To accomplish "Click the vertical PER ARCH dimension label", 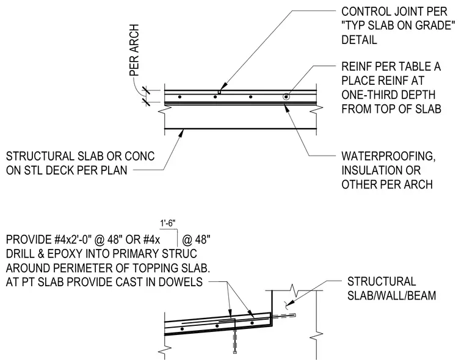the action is (134, 50).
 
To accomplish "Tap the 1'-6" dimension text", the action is (168, 223).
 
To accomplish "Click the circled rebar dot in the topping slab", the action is (286, 97).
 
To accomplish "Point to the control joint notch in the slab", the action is (219, 92).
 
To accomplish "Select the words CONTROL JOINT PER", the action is (394, 12).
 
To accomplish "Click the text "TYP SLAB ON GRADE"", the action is (398, 26).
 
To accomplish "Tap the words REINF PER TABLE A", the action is (391, 67).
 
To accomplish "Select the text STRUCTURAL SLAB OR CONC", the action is (80, 156).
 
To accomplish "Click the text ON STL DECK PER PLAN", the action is (67, 170).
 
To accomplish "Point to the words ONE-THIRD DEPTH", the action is (388, 95).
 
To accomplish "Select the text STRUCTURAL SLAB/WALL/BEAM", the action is (391, 289).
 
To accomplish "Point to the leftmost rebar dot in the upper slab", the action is (179, 97).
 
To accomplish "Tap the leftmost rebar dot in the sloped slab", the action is (182, 329).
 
